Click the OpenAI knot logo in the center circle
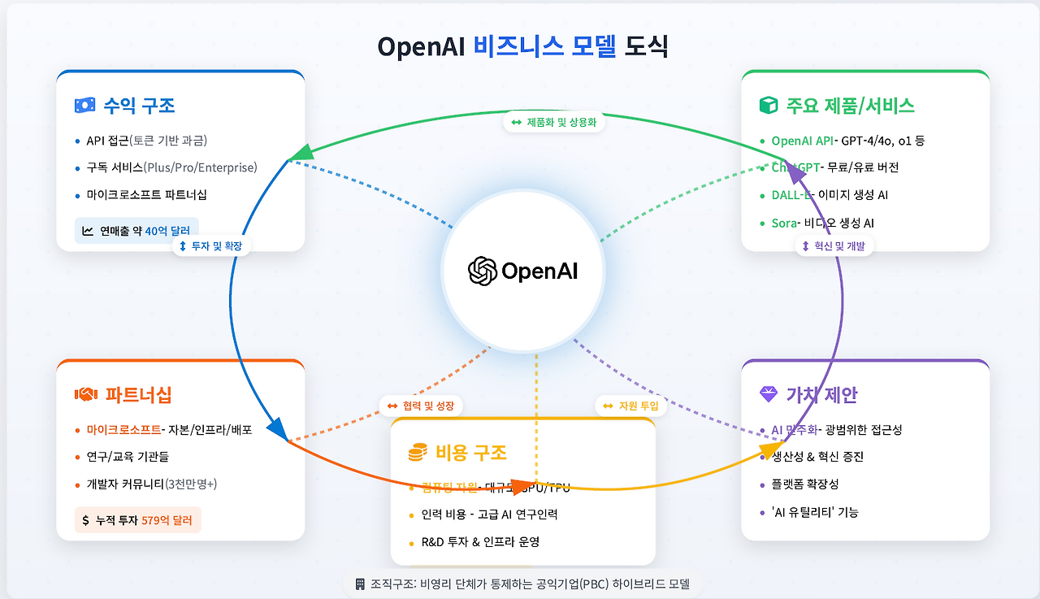click(x=483, y=271)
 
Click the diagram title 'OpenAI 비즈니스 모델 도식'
click(x=522, y=46)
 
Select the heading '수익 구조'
click(x=139, y=105)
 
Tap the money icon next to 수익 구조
click(x=84, y=105)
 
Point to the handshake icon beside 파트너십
click(x=85, y=394)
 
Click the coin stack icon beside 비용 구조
click(x=418, y=452)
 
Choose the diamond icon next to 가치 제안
click(x=768, y=394)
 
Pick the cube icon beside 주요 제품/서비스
click(x=768, y=105)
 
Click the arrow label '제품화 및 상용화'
click(x=553, y=123)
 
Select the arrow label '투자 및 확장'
click(x=210, y=245)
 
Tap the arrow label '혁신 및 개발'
click(x=834, y=245)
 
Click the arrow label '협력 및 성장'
click(x=421, y=406)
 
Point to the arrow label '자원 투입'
click(x=630, y=406)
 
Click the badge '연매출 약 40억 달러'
click(x=136, y=231)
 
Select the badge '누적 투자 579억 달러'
click(x=136, y=520)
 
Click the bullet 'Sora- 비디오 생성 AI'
click(x=822, y=223)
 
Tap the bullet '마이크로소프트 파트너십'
click(x=146, y=195)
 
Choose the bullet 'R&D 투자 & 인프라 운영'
click(x=480, y=541)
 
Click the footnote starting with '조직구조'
click(x=522, y=584)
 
